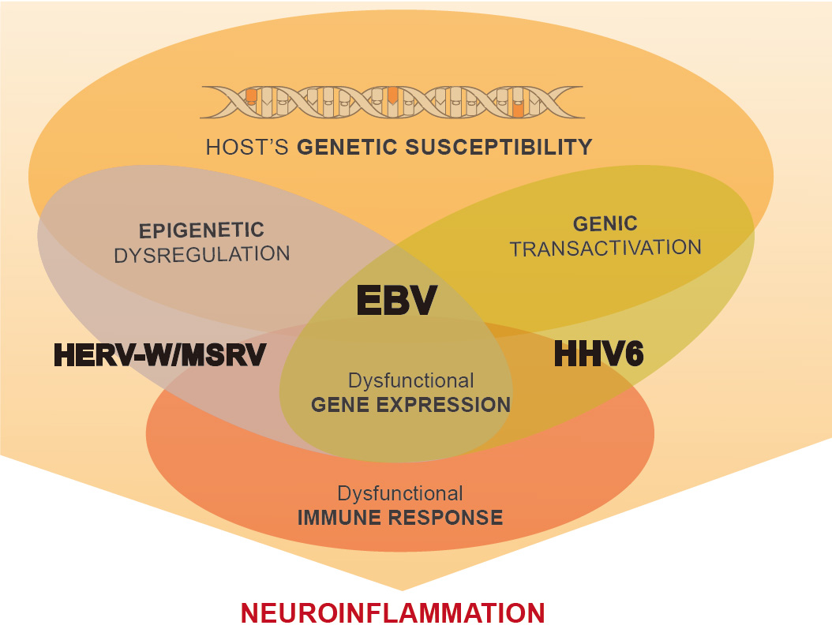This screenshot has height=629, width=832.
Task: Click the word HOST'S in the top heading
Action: [x=247, y=147]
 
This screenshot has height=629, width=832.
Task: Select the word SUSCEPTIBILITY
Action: [x=499, y=147]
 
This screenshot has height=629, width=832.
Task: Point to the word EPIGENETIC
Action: [x=201, y=230]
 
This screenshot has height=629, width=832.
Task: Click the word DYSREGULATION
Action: [x=201, y=255]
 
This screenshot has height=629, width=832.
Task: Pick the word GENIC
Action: [x=605, y=224]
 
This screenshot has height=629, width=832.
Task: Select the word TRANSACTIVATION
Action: [x=605, y=248]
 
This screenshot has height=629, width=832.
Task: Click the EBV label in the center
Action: [x=397, y=300]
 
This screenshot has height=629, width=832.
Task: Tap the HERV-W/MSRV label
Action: [x=159, y=355]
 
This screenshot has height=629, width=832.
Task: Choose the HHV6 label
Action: [x=598, y=354]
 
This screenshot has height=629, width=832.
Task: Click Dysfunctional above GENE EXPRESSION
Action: [x=410, y=380]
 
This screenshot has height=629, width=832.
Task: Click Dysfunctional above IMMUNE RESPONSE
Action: [x=400, y=493]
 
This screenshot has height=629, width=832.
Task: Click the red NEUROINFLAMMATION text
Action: [x=392, y=613]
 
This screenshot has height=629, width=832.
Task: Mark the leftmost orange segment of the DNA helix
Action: [x=251, y=96]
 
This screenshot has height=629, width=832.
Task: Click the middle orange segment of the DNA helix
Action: [x=392, y=95]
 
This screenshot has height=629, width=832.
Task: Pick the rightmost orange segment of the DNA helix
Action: [x=519, y=109]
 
